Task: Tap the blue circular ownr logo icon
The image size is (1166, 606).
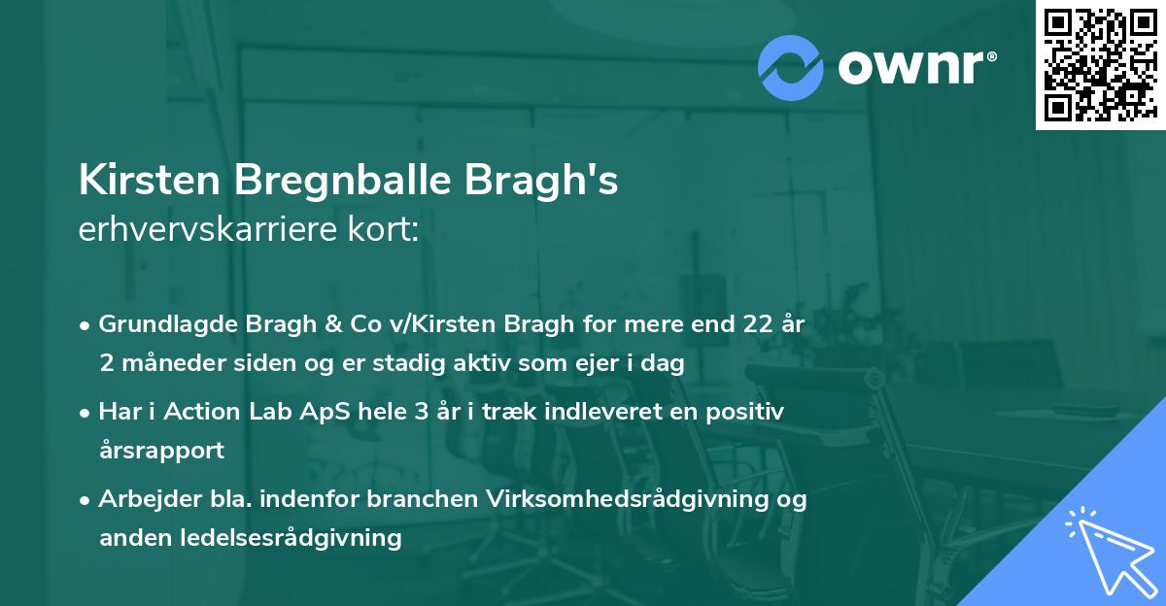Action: pos(791,67)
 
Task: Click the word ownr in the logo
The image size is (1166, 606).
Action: pos(914,67)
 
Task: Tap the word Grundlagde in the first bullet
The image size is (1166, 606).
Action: pos(161,324)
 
